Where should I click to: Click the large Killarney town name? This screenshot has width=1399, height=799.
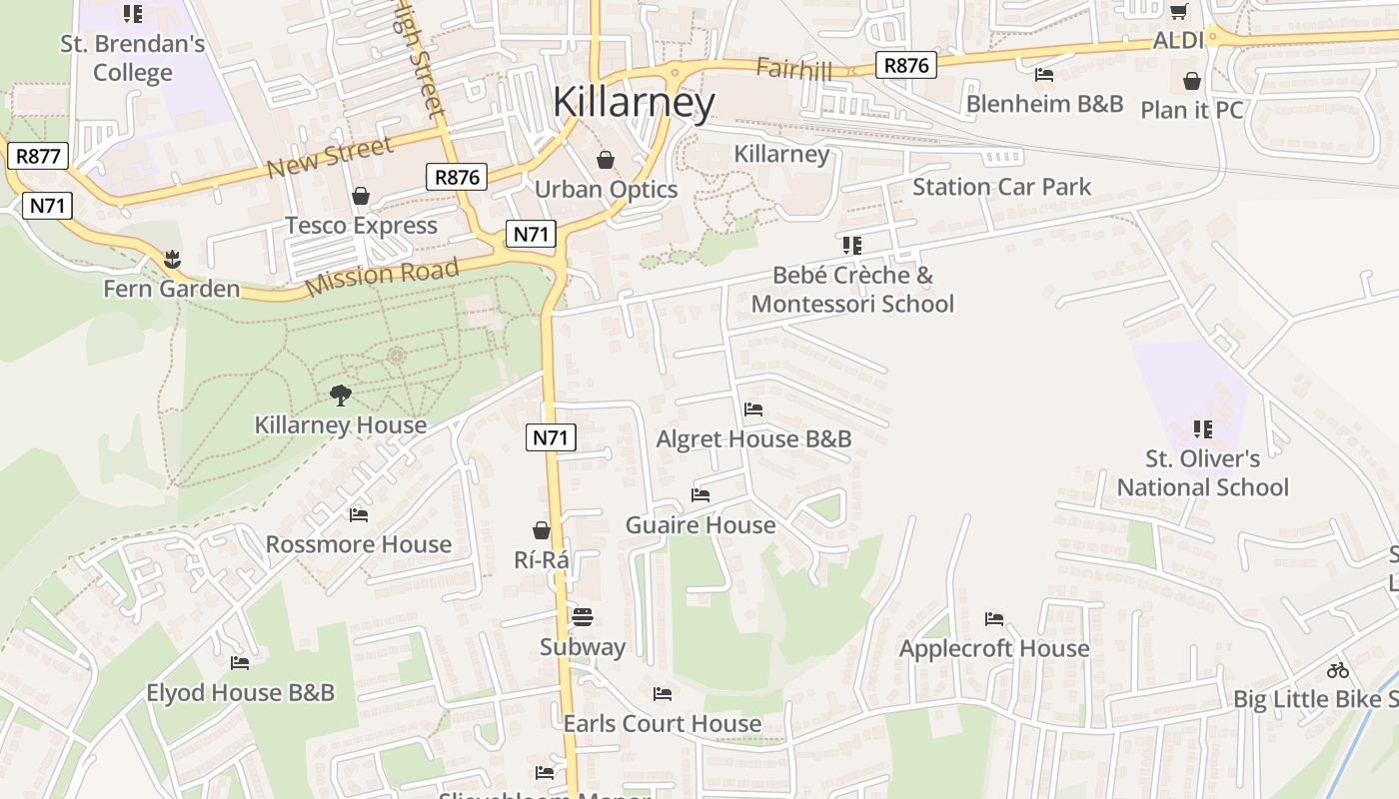(634, 102)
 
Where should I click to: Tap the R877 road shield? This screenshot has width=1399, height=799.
(39, 156)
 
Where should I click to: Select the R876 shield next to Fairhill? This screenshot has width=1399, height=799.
(906, 66)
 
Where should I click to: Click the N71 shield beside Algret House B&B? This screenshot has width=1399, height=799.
(551, 437)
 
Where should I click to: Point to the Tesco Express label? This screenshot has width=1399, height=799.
(361, 226)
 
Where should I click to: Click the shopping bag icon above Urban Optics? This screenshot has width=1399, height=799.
(606, 160)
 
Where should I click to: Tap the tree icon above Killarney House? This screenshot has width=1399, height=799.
(341, 396)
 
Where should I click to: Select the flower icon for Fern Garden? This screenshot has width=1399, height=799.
(172, 260)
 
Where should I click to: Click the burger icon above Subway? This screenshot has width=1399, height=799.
(583, 617)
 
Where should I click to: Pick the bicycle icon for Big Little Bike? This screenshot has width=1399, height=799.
(1338, 670)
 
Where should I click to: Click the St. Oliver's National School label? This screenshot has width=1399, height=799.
(1202, 473)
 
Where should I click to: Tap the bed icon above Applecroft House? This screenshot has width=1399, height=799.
(994, 619)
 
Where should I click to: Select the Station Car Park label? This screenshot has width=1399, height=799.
(1001, 187)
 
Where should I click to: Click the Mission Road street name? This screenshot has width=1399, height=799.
(382, 276)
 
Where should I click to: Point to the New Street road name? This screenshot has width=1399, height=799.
(330, 158)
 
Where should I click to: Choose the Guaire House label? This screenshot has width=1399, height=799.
(699, 525)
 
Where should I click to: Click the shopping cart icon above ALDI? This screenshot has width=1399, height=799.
(1179, 11)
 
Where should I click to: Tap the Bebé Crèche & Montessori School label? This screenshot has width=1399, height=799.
(852, 290)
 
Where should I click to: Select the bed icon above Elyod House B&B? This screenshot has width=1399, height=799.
(240, 663)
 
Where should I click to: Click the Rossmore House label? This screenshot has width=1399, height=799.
(358, 544)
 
